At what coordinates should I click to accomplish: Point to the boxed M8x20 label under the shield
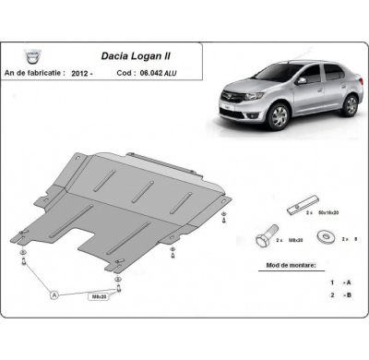coord(97,296)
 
